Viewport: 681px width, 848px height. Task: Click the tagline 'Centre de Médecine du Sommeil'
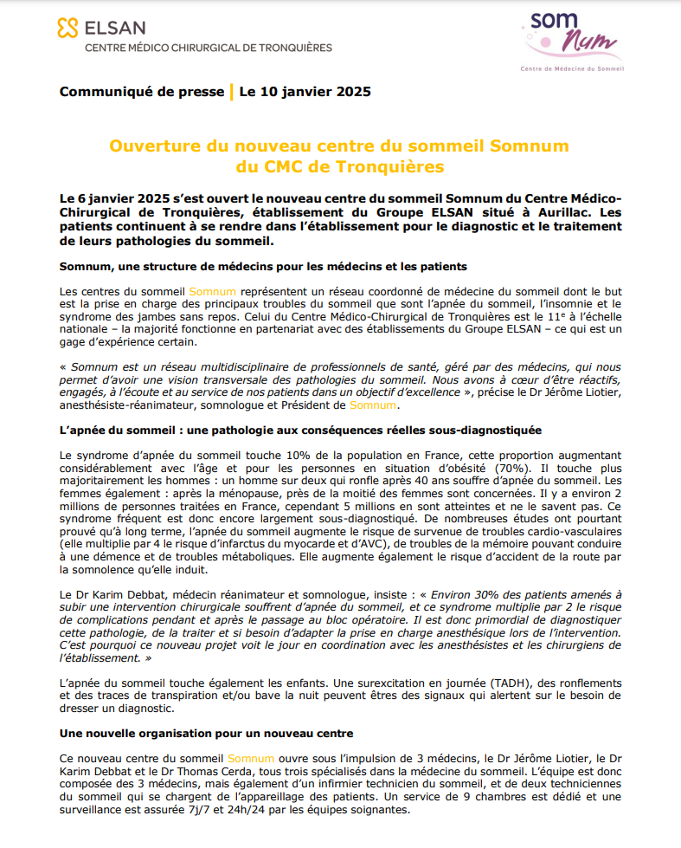(571, 68)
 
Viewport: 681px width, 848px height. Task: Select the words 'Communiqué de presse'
(141, 92)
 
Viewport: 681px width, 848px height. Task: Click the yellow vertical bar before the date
(231, 92)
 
